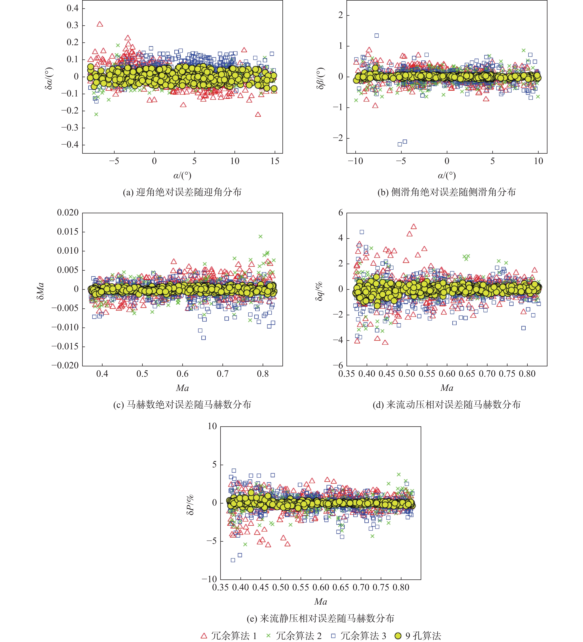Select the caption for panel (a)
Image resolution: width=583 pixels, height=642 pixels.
click(182, 192)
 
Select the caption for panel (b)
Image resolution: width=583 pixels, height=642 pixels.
click(446, 192)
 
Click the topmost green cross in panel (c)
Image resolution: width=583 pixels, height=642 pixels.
click(260, 236)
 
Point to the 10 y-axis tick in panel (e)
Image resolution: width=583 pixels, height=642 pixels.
click(212, 426)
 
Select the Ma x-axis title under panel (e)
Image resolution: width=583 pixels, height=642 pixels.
click(320, 602)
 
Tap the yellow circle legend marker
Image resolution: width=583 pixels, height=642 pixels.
click(398, 636)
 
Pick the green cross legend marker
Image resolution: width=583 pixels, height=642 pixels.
click(268, 636)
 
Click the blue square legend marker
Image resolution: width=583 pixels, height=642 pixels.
click(333, 636)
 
